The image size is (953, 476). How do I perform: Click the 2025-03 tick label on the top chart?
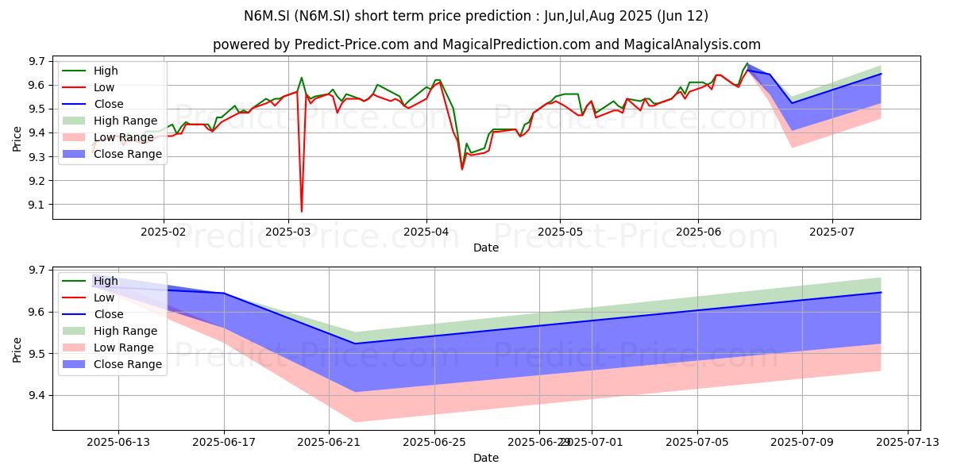pos(288,232)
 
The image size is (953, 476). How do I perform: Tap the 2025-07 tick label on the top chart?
pos(831,232)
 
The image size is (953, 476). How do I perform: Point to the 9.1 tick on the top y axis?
pos(37,205)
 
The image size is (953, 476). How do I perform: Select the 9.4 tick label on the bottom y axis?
pos(37,396)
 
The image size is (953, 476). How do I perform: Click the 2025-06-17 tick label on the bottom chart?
pos(224,443)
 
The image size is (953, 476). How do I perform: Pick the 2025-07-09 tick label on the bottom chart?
pos(802,443)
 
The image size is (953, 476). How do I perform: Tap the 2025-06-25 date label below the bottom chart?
pos(434,443)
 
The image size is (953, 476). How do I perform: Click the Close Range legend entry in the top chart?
pos(112,154)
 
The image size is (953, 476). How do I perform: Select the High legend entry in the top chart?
pos(91,71)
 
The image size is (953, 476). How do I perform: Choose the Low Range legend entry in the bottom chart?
pos(108,347)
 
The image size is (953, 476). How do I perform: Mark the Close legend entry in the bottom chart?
pos(93,314)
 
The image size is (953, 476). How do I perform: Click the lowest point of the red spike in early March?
pos(302,211)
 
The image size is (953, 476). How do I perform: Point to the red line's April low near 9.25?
pos(462,169)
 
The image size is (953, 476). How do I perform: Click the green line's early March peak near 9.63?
pos(301,78)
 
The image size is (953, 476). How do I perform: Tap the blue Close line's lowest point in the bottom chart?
pos(355,344)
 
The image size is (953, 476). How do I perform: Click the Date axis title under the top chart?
pos(486,248)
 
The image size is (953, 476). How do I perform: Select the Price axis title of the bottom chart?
pos(17,350)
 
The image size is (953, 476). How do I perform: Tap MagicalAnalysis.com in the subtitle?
pos(693,44)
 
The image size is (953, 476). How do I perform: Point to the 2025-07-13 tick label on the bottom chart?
pos(908,443)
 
